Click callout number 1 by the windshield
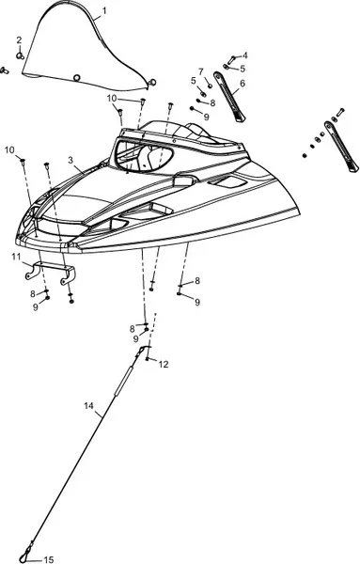click(x=104, y=10)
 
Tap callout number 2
click(x=19, y=39)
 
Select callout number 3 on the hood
click(x=70, y=161)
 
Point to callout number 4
click(x=245, y=55)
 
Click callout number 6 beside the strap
click(x=243, y=84)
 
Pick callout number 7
click(x=201, y=71)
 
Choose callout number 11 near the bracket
click(x=16, y=257)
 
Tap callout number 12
click(x=164, y=365)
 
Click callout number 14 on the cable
click(x=88, y=406)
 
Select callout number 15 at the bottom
click(x=49, y=559)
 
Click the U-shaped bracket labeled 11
click(x=51, y=273)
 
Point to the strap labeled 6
click(x=229, y=97)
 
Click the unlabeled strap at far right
click(x=341, y=146)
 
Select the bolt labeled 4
click(x=231, y=59)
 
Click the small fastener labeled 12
click(x=148, y=359)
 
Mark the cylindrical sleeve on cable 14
click(x=123, y=381)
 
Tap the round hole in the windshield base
click(x=76, y=78)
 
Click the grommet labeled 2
click(x=20, y=55)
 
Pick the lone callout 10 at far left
click(x=9, y=149)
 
